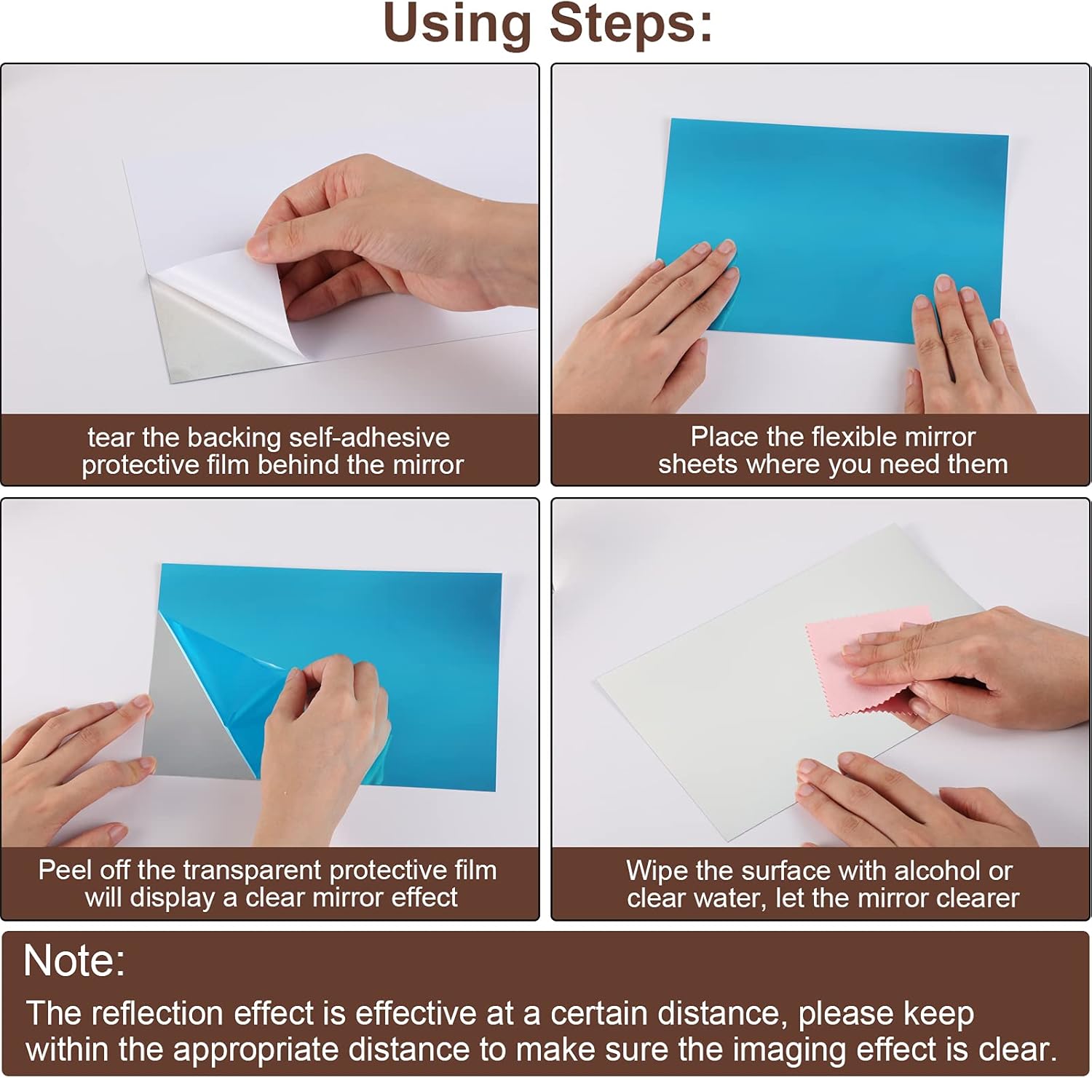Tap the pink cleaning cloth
coord(866,659)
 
